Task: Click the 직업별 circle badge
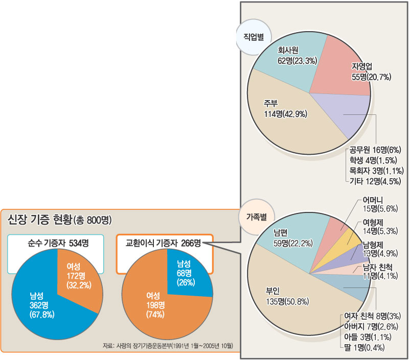(253, 37)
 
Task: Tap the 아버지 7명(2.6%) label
(370, 326)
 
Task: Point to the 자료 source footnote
(168, 346)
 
